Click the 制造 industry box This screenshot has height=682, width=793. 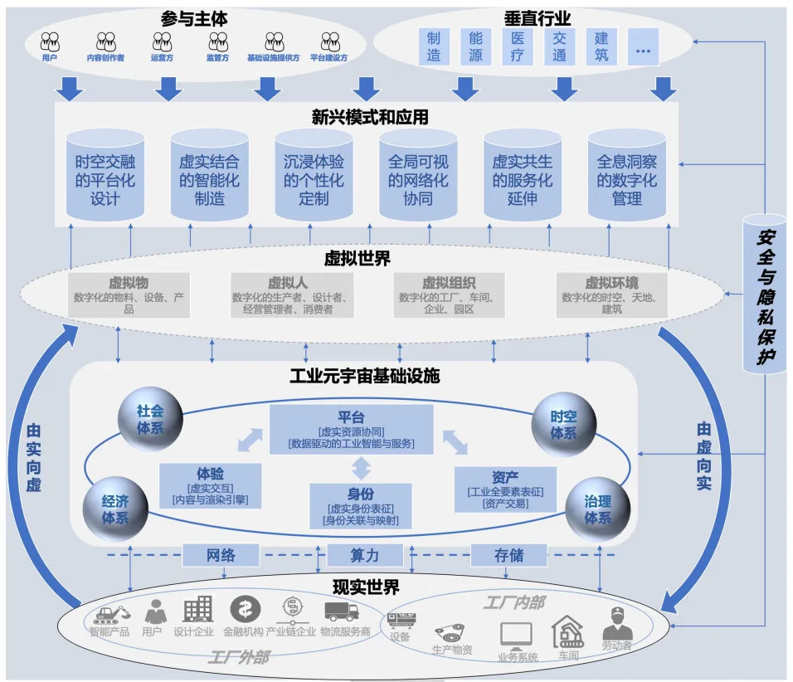click(x=434, y=46)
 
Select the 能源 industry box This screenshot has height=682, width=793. click(x=475, y=46)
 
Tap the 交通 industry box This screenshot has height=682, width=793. click(x=560, y=46)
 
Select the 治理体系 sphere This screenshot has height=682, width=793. click(x=597, y=509)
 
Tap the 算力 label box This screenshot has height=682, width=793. click(x=365, y=555)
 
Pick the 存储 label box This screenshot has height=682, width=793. click(x=508, y=555)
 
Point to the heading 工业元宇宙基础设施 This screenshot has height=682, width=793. click(x=364, y=376)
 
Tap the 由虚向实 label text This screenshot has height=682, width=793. click(x=703, y=455)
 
